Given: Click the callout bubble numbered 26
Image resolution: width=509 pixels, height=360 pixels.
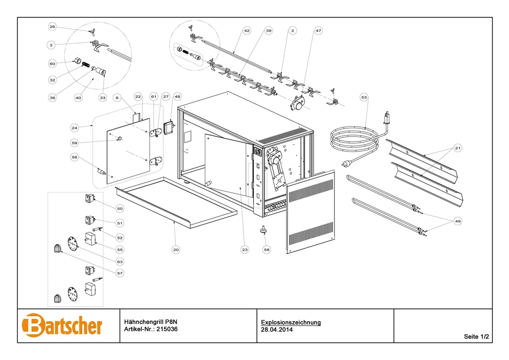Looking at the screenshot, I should [52, 27].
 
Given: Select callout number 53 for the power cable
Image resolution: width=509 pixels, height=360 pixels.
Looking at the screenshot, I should [364, 97].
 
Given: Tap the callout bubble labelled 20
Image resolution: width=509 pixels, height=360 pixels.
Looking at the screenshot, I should [176, 249].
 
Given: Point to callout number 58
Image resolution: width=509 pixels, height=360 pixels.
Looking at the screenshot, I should [267, 249].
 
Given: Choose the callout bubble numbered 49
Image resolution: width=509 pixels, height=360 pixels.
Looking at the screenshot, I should [458, 221].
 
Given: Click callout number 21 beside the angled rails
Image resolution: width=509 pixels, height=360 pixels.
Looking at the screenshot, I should [458, 148].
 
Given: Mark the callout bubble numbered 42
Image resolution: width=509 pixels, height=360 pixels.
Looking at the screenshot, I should [247, 31].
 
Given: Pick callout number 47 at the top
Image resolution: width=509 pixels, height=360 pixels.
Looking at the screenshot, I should [318, 31].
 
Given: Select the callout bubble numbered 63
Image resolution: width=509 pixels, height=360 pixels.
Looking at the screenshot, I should [120, 262].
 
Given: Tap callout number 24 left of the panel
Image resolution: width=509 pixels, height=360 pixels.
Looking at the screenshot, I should [75, 127].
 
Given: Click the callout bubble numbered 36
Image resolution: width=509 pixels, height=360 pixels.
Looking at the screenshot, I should [52, 97].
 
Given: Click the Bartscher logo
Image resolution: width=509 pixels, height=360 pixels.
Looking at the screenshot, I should [62, 325].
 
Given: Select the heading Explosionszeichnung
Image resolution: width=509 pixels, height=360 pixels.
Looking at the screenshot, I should [291, 322].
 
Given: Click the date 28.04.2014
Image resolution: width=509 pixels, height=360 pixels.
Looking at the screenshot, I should [277, 330].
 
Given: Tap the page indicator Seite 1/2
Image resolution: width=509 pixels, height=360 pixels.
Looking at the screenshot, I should [476, 337].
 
